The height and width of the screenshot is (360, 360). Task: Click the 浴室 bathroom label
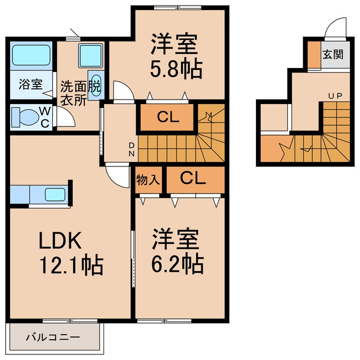pos(30,84)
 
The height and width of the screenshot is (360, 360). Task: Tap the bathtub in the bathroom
pos(31,55)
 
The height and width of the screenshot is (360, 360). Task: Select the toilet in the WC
pos(25,117)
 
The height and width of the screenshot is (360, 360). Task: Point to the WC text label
pos(45,118)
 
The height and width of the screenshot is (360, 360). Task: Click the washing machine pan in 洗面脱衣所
pos(91,56)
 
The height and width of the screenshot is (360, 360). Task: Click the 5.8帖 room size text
pos(176,69)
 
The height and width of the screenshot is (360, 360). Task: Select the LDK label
pos(60,240)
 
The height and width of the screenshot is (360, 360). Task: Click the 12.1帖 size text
pos(71,265)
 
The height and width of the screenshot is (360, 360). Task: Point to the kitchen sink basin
pos(55,195)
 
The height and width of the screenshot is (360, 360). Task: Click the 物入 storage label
pos(148,180)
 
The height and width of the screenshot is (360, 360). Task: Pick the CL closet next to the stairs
pos(167,118)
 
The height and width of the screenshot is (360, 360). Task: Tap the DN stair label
pos(132,150)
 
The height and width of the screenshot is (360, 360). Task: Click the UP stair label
pos(335,96)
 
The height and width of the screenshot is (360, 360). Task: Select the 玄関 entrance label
pos(333,55)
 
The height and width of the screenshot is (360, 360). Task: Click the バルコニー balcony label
pos(53,337)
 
